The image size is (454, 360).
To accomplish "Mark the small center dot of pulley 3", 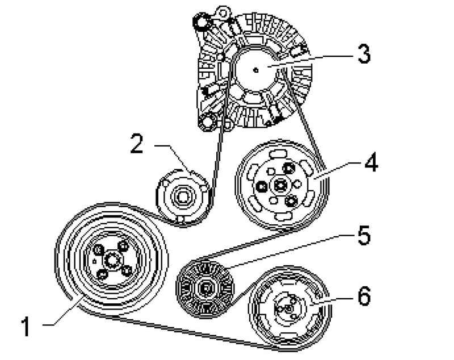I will [x=256, y=70].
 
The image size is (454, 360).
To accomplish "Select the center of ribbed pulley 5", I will [x=204, y=289].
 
